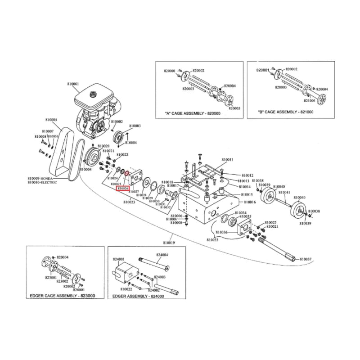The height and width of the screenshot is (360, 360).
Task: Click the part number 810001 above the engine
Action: click(73, 84)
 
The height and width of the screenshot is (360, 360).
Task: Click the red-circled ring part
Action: click(127, 173)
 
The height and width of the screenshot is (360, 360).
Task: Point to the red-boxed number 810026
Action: click(123, 189)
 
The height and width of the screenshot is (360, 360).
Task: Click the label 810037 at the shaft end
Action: click(306, 260)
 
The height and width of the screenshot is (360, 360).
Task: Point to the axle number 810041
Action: click(284, 192)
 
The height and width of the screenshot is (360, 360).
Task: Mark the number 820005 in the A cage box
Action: click(234, 108)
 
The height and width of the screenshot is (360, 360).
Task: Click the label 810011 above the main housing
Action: click(227, 160)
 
